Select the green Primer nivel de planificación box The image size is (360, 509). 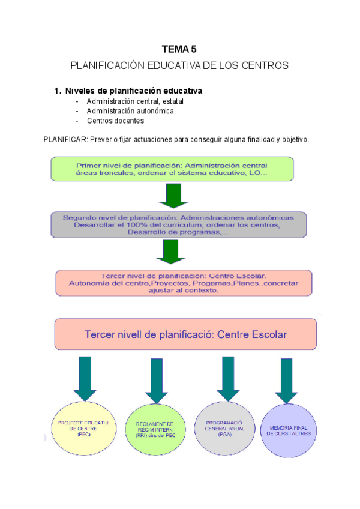click(172, 169)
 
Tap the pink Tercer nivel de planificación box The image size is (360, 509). click(184, 282)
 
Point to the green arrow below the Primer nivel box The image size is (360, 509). click(173, 195)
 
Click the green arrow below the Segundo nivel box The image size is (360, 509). click(172, 251)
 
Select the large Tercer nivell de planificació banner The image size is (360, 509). click(185, 334)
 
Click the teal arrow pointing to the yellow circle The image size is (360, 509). click(86, 379)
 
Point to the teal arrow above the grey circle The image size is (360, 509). click(228, 378)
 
